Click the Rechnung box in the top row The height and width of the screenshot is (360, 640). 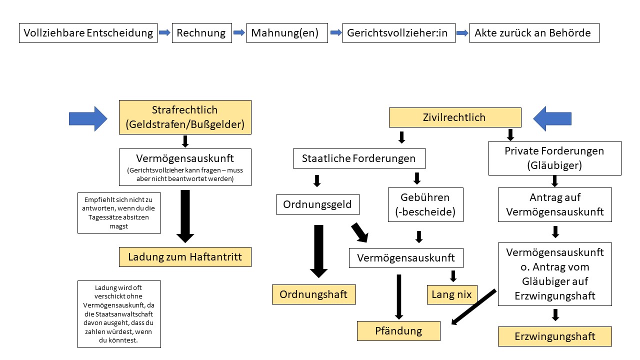[201, 33]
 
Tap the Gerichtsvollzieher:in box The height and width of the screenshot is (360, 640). [398, 33]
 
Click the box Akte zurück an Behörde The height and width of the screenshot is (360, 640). [533, 33]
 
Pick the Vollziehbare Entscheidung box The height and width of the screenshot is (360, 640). [88, 33]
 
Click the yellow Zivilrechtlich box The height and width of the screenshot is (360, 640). [455, 118]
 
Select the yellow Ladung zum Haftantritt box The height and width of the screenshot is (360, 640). [185, 257]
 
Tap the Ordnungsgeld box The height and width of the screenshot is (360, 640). [317, 204]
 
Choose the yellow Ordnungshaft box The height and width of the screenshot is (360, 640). [313, 294]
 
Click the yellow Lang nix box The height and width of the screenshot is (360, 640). [452, 294]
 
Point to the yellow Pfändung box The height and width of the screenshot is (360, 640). [398, 330]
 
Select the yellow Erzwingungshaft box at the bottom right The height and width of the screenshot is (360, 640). [554, 336]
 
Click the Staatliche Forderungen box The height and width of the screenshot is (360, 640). [359, 158]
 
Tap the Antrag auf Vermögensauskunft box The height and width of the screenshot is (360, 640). [554, 204]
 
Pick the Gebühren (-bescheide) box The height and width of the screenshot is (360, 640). [425, 204]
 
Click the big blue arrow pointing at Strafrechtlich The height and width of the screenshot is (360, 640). [88, 119]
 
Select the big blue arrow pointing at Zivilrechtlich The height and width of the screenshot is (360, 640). [552, 118]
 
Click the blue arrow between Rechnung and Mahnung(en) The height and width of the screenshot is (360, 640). [239, 33]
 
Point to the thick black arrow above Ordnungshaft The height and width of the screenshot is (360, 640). [318, 250]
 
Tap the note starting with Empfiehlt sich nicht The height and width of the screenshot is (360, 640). [119, 212]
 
